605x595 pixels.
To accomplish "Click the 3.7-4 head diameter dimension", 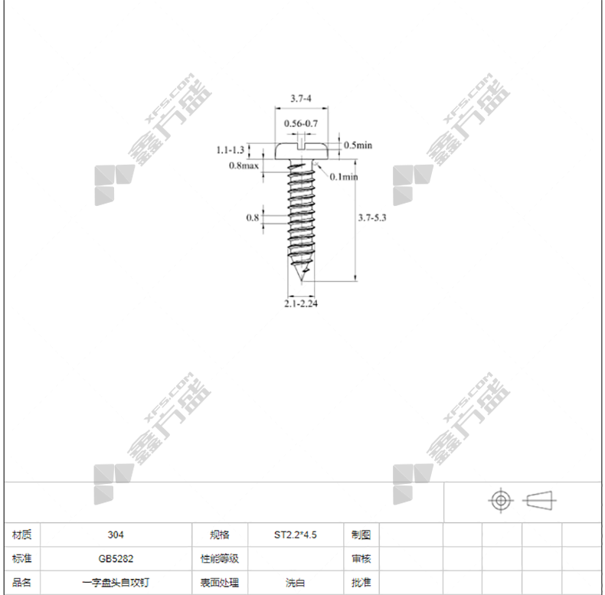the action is point(301,98).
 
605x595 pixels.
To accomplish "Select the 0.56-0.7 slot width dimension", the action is point(301,123).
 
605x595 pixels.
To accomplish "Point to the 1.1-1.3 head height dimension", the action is point(231,150).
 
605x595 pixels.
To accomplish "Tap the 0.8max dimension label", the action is point(244,165).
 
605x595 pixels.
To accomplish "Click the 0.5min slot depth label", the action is point(358,145).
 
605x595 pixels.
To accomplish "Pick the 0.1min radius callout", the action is point(344,177).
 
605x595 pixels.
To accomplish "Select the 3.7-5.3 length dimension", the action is point(372,217).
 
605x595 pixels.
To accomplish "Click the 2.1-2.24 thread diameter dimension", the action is point(301,304).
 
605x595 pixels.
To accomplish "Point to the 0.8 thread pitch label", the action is point(253,217).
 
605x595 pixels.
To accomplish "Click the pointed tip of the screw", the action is point(301,281).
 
